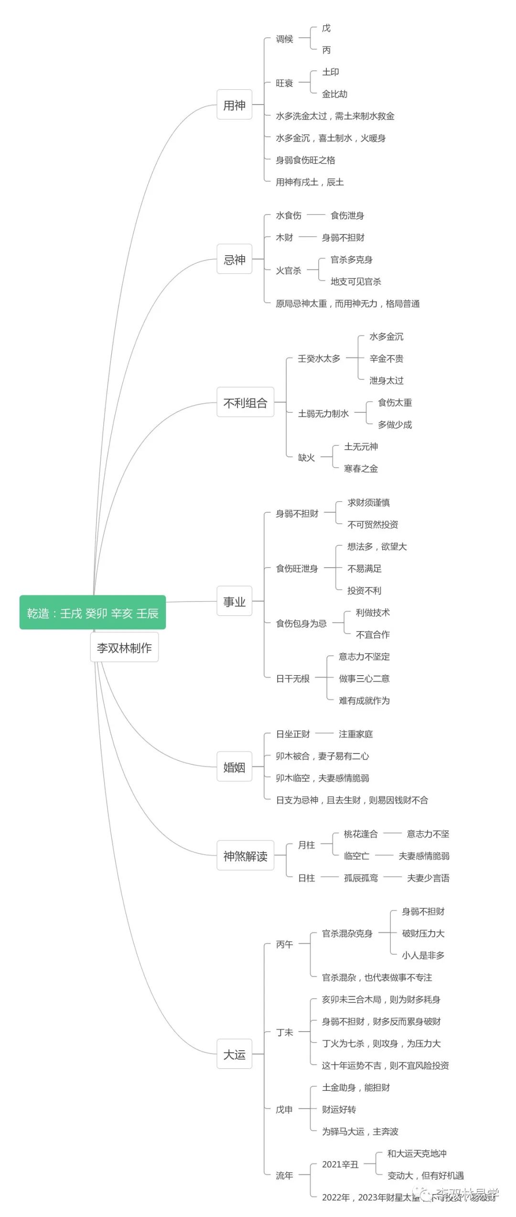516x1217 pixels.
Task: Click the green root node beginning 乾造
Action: point(93,613)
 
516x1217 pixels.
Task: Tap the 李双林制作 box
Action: point(124,647)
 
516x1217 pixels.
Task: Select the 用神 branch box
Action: point(234,105)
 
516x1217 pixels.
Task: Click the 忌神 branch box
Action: point(234,259)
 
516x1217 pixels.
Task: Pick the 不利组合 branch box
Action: point(245,402)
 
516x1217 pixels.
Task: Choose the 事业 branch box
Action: point(234,601)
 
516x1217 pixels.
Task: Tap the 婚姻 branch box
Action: point(234,767)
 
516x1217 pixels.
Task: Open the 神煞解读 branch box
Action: point(245,856)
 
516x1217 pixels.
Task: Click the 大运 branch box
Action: point(234,1054)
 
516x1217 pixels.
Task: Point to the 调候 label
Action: point(284,39)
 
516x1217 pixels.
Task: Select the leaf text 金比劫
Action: point(334,94)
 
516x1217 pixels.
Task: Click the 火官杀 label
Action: point(289,270)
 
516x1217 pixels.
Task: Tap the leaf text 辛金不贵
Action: point(386,358)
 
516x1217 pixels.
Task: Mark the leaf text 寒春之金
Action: point(361,469)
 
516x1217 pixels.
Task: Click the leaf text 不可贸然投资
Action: point(373,525)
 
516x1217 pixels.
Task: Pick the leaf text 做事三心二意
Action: point(364,679)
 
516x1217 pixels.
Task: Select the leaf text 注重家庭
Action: point(355,734)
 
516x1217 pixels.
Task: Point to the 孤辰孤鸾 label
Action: point(361,878)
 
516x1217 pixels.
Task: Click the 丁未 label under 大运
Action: point(284,1032)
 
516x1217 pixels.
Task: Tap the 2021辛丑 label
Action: point(340,1164)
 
